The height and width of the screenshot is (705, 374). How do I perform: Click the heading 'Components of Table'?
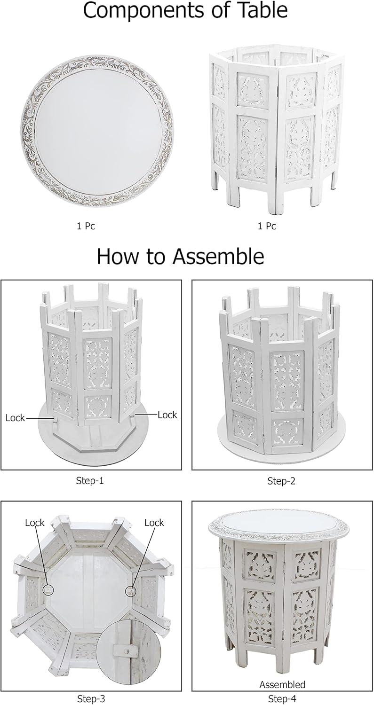tap(185, 11)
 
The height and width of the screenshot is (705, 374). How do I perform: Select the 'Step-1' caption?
tap(90, 481)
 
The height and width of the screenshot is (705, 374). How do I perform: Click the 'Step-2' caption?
tap(281, 481)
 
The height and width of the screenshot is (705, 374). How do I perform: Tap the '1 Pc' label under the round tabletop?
tap(86, 226)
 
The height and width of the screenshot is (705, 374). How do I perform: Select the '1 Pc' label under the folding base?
tap(267, 226)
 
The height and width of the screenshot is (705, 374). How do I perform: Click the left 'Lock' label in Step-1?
tap(15, 418)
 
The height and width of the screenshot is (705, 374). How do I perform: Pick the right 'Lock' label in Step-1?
tap(167, 415)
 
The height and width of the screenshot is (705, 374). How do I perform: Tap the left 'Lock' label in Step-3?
tap(35, 523)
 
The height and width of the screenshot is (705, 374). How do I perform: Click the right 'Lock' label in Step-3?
tap(154, 523)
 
